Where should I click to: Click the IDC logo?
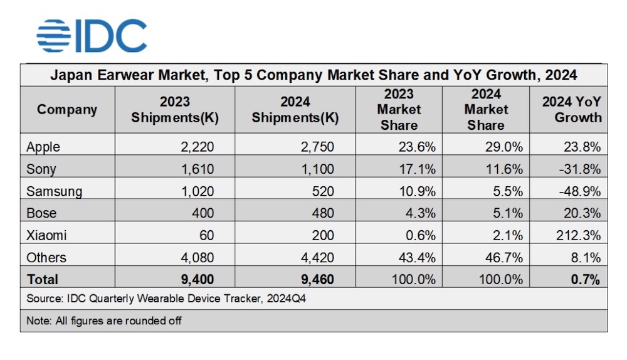92,36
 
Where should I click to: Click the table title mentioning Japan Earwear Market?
313,75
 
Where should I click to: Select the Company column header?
67,110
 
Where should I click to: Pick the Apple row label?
43,147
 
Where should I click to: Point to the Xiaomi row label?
46,235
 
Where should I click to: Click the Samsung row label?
54,191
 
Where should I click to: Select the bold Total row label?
43,279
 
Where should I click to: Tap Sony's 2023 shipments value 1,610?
198,169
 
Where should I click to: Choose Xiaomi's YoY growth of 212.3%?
581,235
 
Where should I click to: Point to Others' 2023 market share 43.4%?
418,257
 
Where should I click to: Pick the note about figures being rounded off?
104,320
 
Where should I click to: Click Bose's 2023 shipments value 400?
204,213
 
